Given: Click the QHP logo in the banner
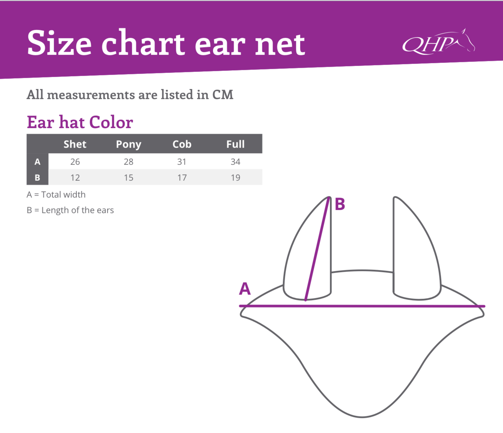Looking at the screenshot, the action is coord(439,41).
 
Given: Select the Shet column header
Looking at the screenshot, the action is coord(75,144).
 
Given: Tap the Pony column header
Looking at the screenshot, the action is coord(128,144).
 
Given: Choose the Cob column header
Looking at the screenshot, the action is coord(182,144).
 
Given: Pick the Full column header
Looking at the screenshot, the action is coord(235,144).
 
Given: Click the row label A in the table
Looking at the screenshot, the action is coord(37,162).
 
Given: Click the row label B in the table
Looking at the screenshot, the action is coord(37,178).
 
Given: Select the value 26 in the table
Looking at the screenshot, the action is coord(75,162).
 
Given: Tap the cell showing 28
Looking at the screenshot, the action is coord(128,162).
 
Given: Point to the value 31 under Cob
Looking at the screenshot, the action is coord(182,162).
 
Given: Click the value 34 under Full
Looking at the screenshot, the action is coord(235,162).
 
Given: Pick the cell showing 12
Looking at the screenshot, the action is coord(75,178).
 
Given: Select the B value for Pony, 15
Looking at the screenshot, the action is coord(128,178).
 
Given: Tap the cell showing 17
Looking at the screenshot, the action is coord(182,178).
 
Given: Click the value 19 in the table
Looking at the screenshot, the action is coord(235,178).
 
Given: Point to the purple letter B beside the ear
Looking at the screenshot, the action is coord(340,204).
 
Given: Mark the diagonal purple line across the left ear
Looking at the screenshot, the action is coord(317,248).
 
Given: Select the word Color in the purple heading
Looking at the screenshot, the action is coord(111,122).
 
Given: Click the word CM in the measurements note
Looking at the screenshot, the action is coord(223,95).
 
